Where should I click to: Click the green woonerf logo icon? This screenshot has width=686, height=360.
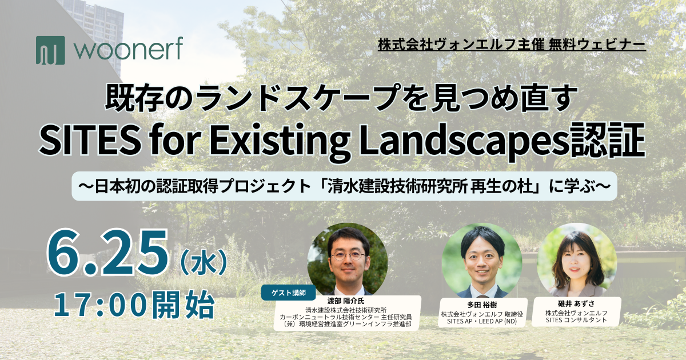50,50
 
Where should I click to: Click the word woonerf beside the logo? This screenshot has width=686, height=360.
128,49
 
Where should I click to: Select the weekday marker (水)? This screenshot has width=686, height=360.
204,262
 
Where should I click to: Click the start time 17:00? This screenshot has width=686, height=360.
101,305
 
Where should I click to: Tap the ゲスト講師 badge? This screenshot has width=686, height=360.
289,293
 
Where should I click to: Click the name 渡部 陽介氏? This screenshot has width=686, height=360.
346,301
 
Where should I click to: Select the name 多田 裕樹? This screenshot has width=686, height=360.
482,305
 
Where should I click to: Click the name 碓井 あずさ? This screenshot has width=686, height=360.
576,303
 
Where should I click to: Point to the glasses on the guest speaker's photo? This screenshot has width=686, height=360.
349,255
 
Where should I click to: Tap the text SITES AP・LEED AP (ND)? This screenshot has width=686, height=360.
482,321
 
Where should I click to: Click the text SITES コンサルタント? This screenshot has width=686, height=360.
576,320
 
